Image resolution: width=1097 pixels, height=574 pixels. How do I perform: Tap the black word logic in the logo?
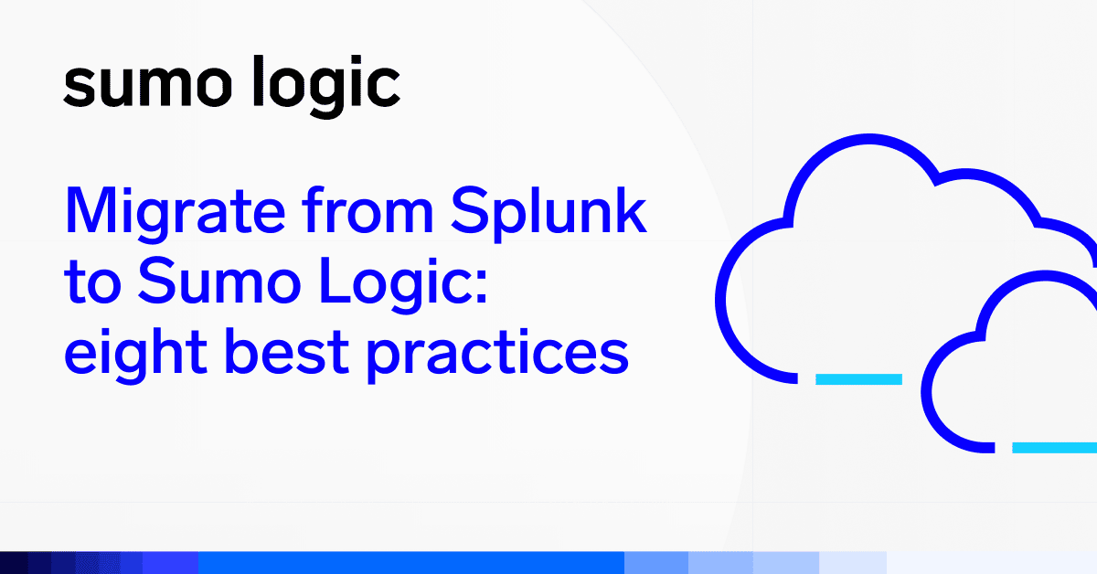(x=326, y=87)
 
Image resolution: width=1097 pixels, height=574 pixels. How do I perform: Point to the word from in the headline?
(x=367, y=209)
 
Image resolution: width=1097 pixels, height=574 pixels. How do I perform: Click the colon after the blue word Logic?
(x=481, y=285)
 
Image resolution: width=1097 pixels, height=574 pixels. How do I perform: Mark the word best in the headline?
(x=286, y=352)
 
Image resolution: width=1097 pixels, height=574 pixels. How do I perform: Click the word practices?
(x=497, y=356)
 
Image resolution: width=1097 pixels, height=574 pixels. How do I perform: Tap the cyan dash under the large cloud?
(x=858, y=379)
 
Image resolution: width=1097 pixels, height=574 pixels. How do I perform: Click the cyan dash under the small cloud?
(x=1054, y=448)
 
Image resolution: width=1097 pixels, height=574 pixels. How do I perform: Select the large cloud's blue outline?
(x=721, y=299)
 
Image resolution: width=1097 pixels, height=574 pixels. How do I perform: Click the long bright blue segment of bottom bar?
(x=411, y=563)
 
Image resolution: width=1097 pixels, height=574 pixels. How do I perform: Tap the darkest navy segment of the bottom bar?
(x=14, y=563)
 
